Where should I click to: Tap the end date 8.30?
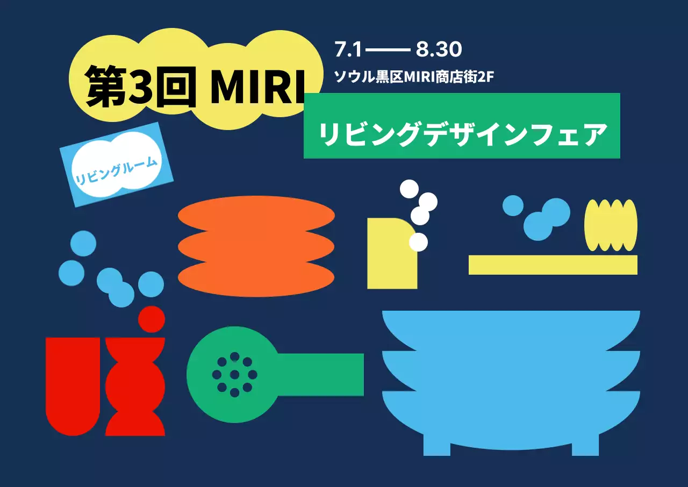point(439,50)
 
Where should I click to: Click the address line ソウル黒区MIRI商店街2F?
point(414,77)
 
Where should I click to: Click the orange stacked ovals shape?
point(256,246)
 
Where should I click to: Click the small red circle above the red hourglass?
point(151,319)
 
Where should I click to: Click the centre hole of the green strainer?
point(234,374)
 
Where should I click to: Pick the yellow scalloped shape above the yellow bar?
point(611,225)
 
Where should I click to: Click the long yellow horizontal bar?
point(553,265)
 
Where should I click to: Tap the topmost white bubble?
point(409,189)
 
